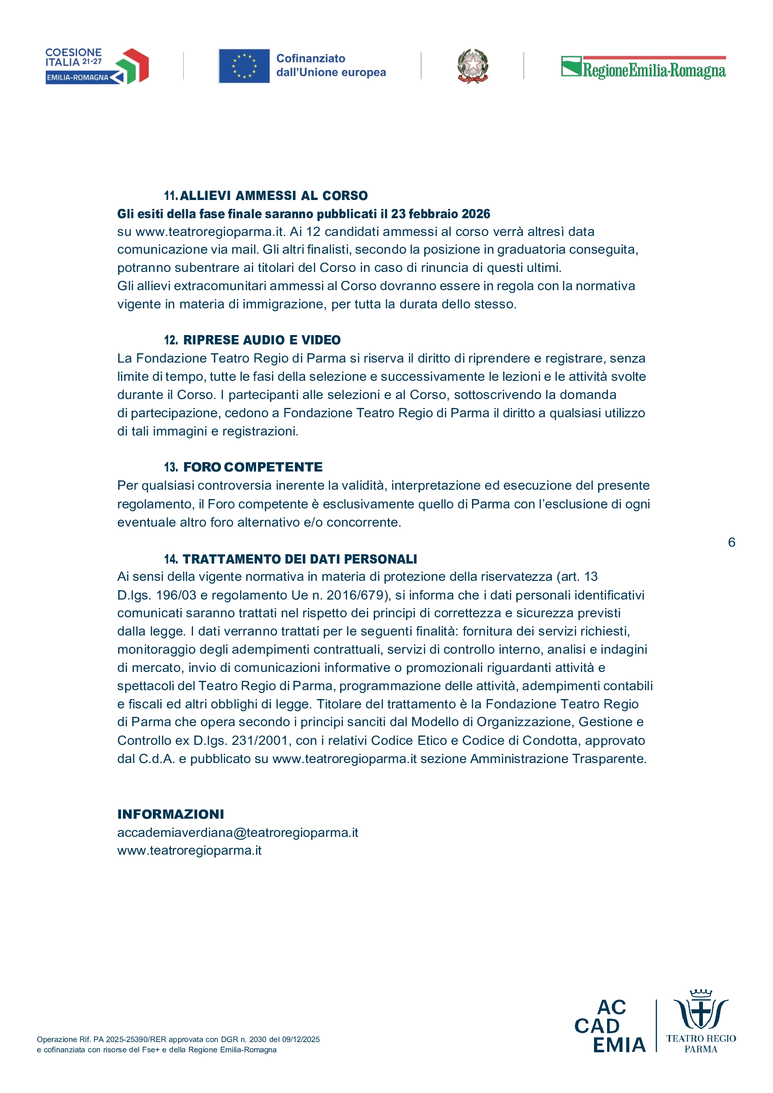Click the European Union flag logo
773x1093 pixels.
click(244, 66)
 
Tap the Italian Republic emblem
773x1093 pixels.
click(472, 66)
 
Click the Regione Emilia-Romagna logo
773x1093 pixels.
click(643, 68)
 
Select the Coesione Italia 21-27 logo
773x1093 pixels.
click(97, 66)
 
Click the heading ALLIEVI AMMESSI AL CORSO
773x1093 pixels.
click(274, 196)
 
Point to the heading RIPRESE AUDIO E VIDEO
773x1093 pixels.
click(262, 340)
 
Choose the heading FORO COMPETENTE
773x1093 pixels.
click(253, 467)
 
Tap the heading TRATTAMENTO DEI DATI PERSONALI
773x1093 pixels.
click(300, 559)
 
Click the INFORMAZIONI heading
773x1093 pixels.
click(171, 814)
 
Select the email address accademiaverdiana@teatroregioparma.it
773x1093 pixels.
click(237, 833)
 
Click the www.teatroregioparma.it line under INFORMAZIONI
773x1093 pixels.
click(189, 850)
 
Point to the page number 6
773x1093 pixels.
click(731, 542)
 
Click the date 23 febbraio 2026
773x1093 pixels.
click(440, 214)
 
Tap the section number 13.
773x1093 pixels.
click(171, 467)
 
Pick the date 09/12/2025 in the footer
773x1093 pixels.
click(301, 1039)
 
